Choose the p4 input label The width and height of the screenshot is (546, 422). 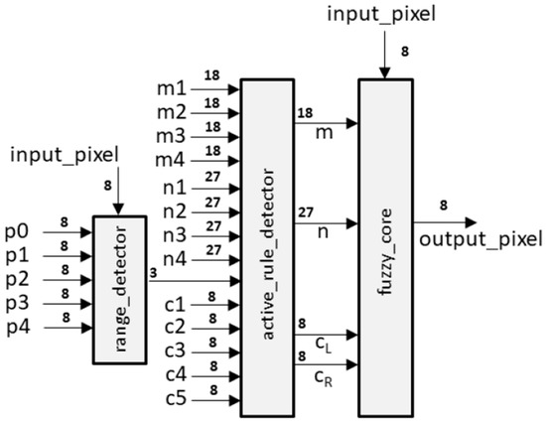coord(17,321)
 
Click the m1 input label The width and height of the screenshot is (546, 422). coord(176,88)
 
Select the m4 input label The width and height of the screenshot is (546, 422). coord(176,159)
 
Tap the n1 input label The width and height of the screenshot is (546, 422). coord(176,185)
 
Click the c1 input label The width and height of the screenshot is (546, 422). coord(176,304)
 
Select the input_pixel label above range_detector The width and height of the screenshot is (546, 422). coord(61,156)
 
